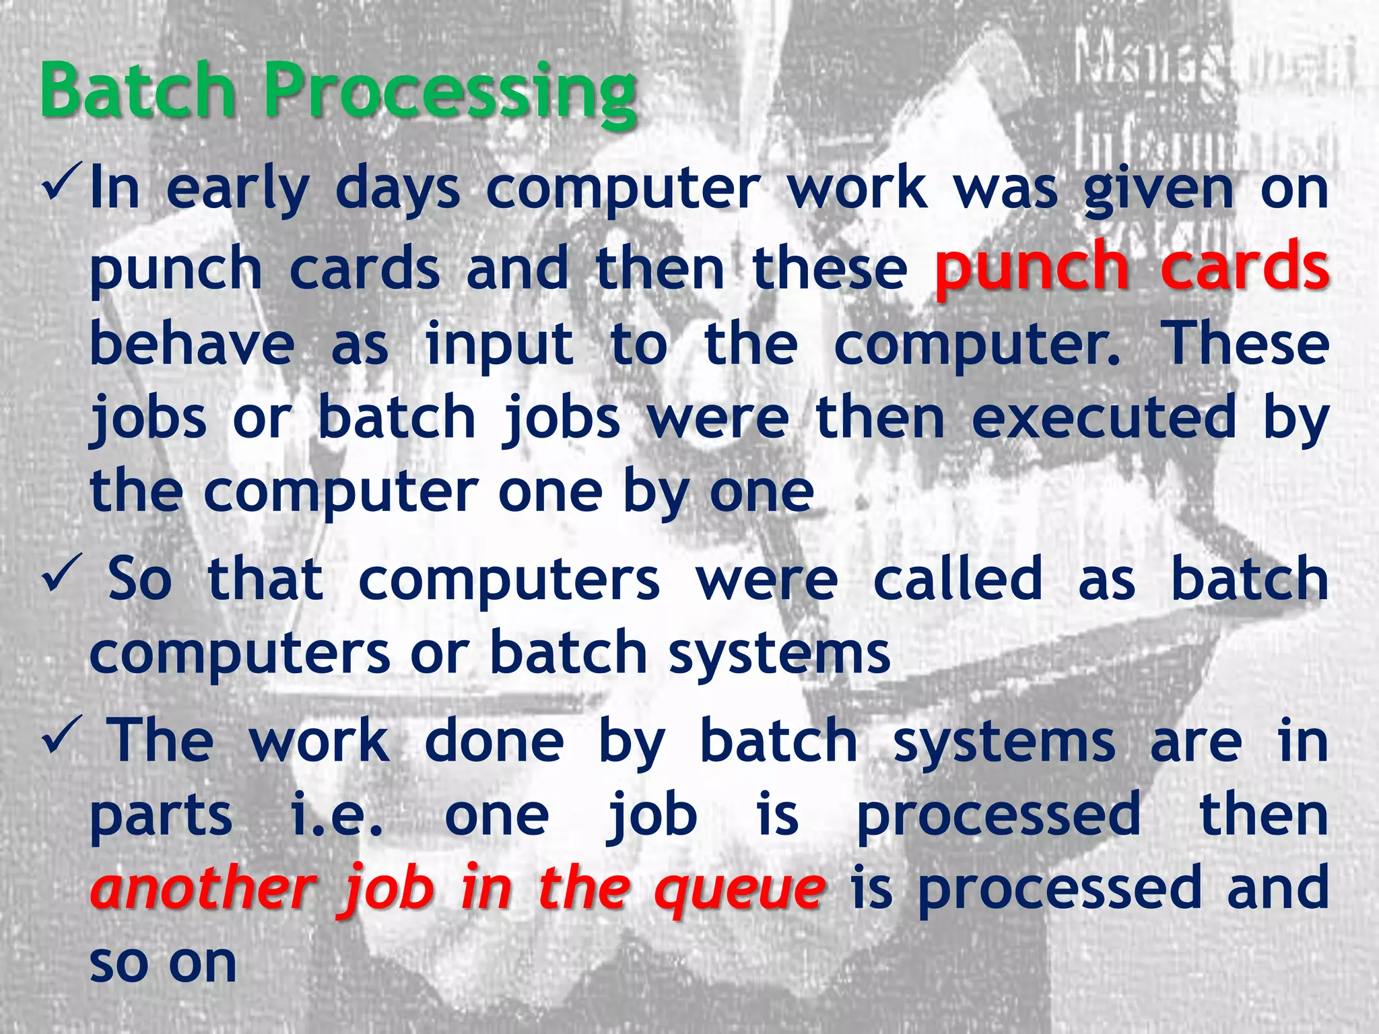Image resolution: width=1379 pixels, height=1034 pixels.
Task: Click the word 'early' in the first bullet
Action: tap(237, 191)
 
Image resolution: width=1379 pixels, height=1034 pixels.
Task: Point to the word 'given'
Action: tap(1159, 191)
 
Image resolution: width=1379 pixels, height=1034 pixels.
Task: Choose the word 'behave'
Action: tap(193, 344)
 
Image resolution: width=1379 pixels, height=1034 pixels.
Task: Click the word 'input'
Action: tap(499, 347)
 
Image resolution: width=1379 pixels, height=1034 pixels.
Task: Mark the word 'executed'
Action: tap(1104, 418)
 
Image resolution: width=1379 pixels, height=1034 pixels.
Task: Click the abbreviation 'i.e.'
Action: tap(337, 815)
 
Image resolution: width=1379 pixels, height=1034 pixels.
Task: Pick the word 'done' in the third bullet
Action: tap(494, 740)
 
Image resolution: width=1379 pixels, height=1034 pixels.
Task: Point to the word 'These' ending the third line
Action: tap(1247, 344)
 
